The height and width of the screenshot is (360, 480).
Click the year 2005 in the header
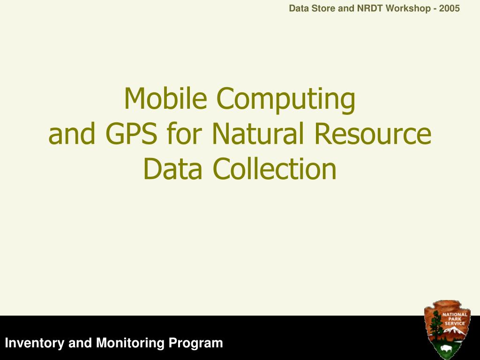[450, 8]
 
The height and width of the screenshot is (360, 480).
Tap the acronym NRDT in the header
[370, 8]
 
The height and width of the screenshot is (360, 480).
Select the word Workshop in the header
[408, 8]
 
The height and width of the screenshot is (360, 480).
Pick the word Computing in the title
[286, 100]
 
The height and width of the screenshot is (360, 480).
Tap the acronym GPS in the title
[131, 134]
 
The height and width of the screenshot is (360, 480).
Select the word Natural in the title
[258, 133]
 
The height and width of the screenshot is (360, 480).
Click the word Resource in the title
[373, 134]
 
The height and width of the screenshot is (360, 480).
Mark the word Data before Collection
[172, 169]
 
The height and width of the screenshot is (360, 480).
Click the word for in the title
[185, 133]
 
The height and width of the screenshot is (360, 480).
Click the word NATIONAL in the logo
[455, 315]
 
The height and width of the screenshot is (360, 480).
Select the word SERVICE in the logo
[455, 323]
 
